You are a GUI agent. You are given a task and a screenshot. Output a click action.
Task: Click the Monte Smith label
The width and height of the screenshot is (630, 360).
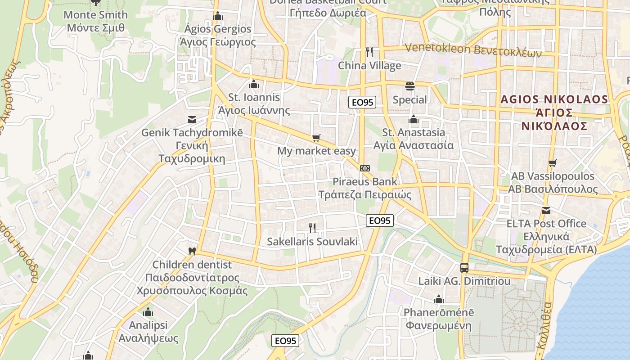pyautogui.click(x=95, y=15)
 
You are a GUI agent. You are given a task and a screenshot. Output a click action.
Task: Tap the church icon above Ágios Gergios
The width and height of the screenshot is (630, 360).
pyautogui.click(x=218, y=16)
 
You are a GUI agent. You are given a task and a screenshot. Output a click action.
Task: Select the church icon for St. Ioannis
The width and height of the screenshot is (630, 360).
pyautogui.click(x=254, y=84)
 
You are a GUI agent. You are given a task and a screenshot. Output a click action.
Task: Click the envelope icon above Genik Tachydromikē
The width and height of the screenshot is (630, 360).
pyautogui.click(x=192, y=120)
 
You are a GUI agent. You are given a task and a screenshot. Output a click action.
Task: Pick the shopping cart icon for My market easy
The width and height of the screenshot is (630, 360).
pyautogui.click(x=316, y=138)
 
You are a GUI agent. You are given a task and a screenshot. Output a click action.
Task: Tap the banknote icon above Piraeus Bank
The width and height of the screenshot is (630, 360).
pyautogui.click(x=365, y=168)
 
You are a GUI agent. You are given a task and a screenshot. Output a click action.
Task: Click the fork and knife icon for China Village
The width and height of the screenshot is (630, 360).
pyautogui.click(x=369, y=52)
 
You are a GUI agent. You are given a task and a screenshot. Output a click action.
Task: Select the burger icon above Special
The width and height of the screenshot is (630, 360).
pyautogui.click(x=409, y=86)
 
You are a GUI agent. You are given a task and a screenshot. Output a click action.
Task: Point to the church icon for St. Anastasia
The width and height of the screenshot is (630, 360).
pyautogui.click(x=413, y=119)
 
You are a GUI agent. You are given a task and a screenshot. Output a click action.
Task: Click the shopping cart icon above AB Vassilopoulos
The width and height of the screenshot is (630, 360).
pyautogui.click(x=552, y=163)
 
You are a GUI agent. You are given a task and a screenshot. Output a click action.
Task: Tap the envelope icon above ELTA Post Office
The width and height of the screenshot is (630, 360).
pyautogui.click(x=546, y=210)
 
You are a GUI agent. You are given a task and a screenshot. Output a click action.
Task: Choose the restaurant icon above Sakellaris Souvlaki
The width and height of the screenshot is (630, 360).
pyautogui.click(x=312, y=228)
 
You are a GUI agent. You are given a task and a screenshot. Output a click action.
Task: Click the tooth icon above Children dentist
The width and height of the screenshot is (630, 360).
pyautogui.click(x=192, y=251)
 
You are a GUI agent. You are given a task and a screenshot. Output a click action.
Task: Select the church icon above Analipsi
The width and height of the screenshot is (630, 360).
pyautogui.click(x=148, y=312)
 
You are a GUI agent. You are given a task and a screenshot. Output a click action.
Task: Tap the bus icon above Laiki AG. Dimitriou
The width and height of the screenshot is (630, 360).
pyautogui.click(x=464, y=268)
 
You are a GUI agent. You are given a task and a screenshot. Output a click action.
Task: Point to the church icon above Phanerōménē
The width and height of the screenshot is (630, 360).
pyautogui.click(x=439, y=299)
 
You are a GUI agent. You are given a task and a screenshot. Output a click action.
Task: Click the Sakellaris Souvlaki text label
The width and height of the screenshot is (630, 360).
pyautogui.click(x=312, y=242)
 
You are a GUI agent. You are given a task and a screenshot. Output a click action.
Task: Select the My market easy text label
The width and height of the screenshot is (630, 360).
pyautogui.click(x=316, y=151)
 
